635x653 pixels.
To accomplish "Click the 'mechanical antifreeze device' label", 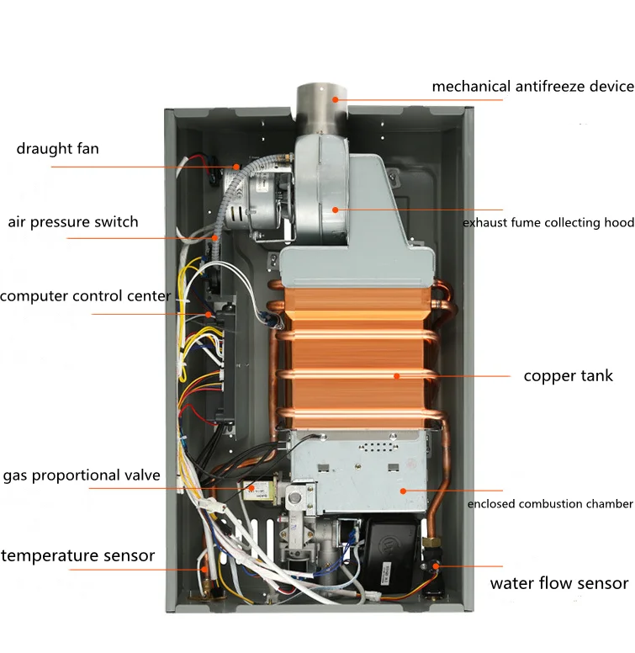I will pyautogui.click(x=532, y=87).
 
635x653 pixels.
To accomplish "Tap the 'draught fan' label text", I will pyautogui.click(x=57, y=149).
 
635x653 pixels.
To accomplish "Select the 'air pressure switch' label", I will pyautogui.click(x=73, y=222).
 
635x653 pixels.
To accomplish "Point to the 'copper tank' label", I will pyautogui.click(x=569, y=375).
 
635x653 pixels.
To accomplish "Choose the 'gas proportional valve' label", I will pyautogui.click(x=81, y=476).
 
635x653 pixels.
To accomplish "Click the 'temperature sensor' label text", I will pyautogui.click(x=77, y=555).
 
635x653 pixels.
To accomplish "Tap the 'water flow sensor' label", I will pyautogui.click(x=559, y=583).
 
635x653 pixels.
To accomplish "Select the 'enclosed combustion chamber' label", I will pyautogui.click(x=550, y=504).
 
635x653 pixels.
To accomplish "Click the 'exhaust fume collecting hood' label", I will pyautogui.click(x=548, y=223).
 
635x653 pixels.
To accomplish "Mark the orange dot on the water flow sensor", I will pyautogui.click(x=435, y=566).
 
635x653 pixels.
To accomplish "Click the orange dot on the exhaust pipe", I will pyautogui.click(x=334, y=98).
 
